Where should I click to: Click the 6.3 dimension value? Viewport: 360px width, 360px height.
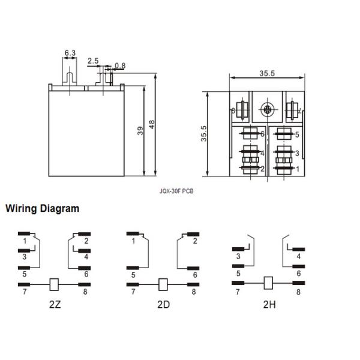click(x=70, y=53)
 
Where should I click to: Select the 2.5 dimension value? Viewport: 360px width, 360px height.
click(x=93, y=61)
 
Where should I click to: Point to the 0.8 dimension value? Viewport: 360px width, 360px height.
click(x=120, y=65)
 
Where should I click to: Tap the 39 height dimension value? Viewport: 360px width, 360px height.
click(x=140, y=131)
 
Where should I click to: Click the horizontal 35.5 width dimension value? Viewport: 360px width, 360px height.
click(x=267, y=74)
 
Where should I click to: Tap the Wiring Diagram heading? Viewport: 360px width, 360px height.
click(x=42, y=209)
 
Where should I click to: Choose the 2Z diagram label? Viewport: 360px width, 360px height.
click(x=55, y=304)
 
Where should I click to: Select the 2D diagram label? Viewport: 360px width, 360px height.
click(x=163, y=304)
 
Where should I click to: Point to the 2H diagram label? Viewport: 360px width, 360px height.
click(x=269, y=304)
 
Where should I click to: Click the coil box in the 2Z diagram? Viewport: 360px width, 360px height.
click(x=55, y=284)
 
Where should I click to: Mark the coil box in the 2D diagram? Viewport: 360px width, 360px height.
click(x=162, y=284)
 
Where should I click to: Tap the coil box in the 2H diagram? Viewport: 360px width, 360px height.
click(x=269, y=280)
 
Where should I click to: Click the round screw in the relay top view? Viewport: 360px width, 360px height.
click(x=266, y=110)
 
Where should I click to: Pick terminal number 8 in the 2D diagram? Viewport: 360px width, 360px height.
click(x=194, y=292)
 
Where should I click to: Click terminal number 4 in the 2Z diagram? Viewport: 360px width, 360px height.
click(x=86, y=257)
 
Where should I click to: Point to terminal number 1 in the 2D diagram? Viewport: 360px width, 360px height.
click(x=133, y=241)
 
